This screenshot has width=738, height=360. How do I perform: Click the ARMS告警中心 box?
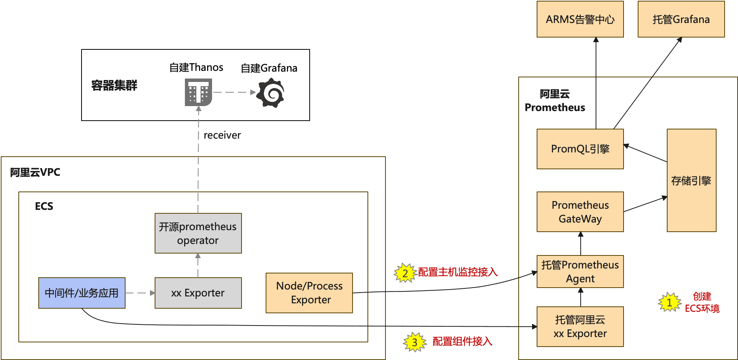[x=580, y=19]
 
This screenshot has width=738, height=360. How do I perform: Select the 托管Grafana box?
[x=681, y=19]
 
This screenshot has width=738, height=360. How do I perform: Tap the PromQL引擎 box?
[x=580, y=149]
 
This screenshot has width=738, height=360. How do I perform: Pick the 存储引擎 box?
[x=691, y=180]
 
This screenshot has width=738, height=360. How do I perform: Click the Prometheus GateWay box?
[x=580, y=212]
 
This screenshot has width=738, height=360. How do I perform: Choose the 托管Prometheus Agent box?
[x=580, y=272]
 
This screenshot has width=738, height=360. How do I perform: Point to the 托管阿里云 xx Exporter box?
[x=580, y=327]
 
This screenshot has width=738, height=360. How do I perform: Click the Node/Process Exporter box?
[x=309, y=293]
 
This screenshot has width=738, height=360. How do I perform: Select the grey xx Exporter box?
[x=198, y=293]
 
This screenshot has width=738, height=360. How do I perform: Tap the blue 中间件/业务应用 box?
[x=82, y=293]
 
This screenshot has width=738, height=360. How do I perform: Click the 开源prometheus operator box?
[x=198, y=233]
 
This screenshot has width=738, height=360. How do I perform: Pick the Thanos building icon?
[x=198, y=92]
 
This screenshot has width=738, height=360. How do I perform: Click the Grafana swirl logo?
[x=271, y=93]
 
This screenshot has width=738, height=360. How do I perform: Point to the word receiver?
[x=222, y=135]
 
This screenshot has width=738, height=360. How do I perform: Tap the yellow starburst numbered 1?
[x=669, y=303]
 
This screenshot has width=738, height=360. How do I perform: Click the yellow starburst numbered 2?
[x=405, y=273]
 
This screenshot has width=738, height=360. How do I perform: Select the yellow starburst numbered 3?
[x=415, y=342]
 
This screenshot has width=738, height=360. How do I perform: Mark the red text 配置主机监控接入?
[x=457, y=272]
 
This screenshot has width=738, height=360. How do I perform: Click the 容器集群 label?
[x=114, y=85]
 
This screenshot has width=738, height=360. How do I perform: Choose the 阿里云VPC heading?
[x=35, y=172]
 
